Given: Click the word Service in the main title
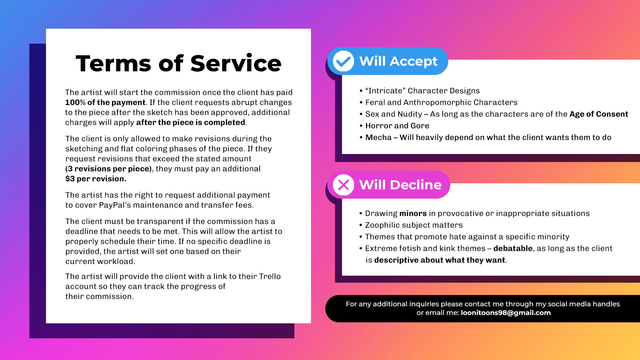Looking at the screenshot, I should [x=236, y=64].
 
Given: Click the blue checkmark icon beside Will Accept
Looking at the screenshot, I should [x=343, y=61].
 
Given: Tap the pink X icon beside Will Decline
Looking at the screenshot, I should [x=343, y=185].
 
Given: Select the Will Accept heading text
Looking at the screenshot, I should [x=398, y=61].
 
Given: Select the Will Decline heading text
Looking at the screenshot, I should [x=400, y=185].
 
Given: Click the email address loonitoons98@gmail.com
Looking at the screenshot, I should [x=505, y=313].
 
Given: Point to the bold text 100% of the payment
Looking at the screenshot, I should [x=105, y=102].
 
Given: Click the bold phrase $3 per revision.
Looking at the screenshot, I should [x=96, y=179].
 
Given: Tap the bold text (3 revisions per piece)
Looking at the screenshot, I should [x=108, y=169].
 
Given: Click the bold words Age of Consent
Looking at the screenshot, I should [x=598, y=114].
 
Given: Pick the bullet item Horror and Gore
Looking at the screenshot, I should [x=397, y=126].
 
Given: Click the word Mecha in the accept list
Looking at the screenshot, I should [x=378, y=137].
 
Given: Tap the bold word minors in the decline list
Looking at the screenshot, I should [x=413, y=213].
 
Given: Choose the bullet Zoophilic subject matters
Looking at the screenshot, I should [x=414, y=225].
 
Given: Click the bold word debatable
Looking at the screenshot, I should [x=513, y=248].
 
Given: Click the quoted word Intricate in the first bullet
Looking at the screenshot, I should [x=385, y=91].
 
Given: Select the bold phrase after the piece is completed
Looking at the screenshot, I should [x=190, y=122].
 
